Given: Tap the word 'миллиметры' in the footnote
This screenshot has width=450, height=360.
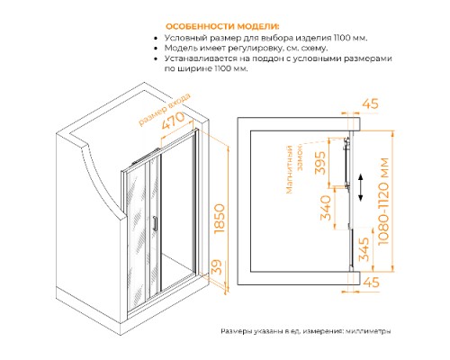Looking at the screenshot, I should [364, 331].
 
